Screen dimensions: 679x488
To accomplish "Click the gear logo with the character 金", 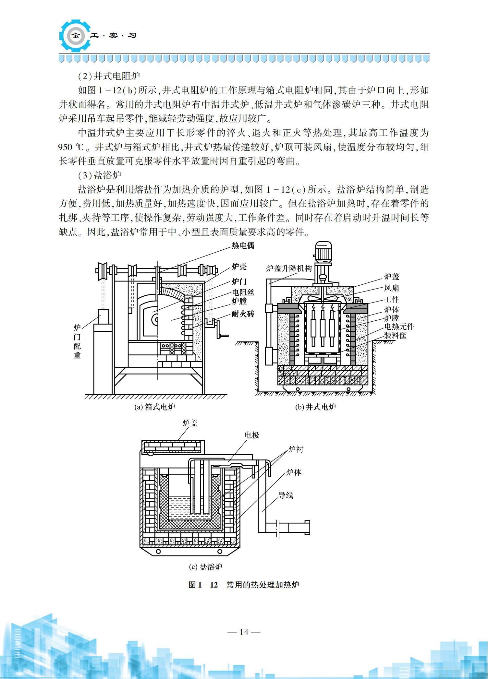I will click(x=76, y=36).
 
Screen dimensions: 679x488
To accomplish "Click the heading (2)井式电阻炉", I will click(x=109, y=76).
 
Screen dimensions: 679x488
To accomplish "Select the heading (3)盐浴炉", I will click(x=100, y=175).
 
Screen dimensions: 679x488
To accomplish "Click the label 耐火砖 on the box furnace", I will click(x=243, y=314).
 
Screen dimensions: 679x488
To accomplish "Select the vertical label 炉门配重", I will click(x=77, y=341).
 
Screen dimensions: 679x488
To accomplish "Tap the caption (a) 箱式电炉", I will click(x=155, y=407).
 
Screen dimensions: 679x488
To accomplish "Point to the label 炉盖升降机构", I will click(x=288, y=268).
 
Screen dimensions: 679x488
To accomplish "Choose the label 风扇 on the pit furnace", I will click(x=391, y=288).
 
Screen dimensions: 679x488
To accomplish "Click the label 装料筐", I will click(x=395, y=335).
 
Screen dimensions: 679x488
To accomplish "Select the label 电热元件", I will click(x=399, y=327).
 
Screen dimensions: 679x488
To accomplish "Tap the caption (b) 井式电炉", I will click(x=315, y=407).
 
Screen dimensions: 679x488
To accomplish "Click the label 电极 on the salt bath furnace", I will click(x=252, y=435).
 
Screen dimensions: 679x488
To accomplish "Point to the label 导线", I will click(x=286, y=495).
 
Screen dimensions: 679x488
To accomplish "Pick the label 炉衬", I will click(x=296, y=449).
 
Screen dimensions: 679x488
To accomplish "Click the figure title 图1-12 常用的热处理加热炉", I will click(x=244, y=585).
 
